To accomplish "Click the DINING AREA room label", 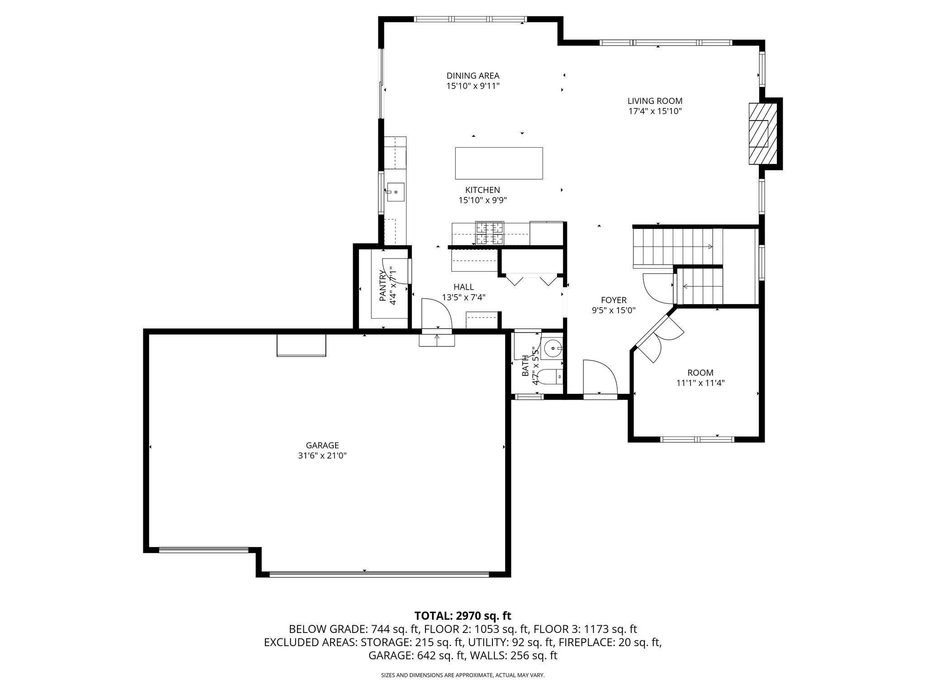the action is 473,76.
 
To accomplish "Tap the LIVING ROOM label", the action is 655,101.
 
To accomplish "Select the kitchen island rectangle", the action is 499,163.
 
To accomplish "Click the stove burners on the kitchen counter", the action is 489,234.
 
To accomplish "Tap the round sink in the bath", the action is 553,348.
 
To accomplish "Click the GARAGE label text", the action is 322,445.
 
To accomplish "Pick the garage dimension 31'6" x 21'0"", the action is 322,456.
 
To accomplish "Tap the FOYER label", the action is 614,300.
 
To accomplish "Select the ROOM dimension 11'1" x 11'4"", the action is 700,383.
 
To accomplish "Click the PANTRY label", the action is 383,286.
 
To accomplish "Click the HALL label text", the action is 463,287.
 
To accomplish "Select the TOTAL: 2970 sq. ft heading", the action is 463,615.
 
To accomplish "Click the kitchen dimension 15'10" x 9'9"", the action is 482,200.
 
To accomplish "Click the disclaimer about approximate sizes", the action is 463,675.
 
